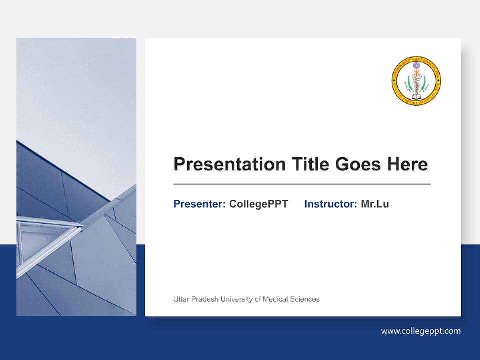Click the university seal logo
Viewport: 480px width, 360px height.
tap(416, 81)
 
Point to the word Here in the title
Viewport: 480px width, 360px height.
tap(407, 164)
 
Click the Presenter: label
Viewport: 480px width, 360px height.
tap(199, 204)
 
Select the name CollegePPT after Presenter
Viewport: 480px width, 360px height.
tap(258, 204)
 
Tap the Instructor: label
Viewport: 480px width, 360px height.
tap(330, 204)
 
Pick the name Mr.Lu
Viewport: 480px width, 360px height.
tap(375, 204)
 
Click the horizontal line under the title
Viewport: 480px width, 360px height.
tap(302, 184)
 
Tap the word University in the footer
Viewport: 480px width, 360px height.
tap(236, 299)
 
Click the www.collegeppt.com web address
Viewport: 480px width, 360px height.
tap(421, 331)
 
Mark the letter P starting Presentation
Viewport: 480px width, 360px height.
tap(178, 164)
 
